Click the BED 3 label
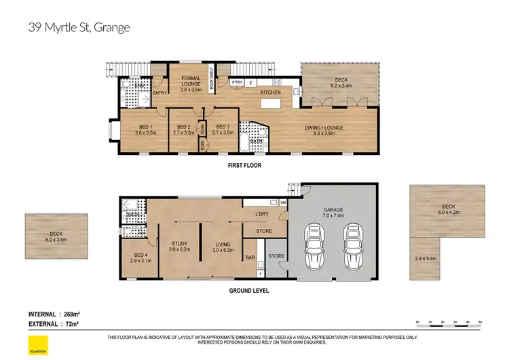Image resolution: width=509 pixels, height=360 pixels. [223, 127]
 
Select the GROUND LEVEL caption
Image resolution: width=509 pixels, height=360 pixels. [249, 291]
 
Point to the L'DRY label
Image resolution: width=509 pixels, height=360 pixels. [263, 215]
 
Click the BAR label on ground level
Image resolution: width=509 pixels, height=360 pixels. [250, 258]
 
